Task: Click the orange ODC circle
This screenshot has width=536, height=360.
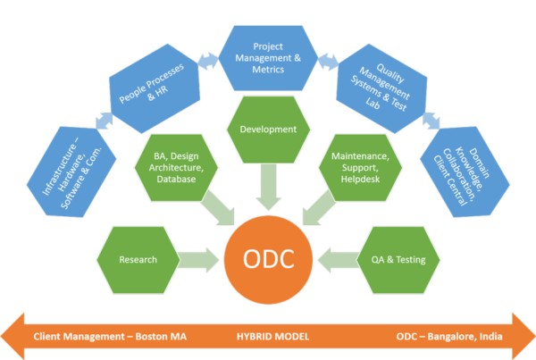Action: click(x=269, y=260)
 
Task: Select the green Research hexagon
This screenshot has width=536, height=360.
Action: click(x=138, y=260)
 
